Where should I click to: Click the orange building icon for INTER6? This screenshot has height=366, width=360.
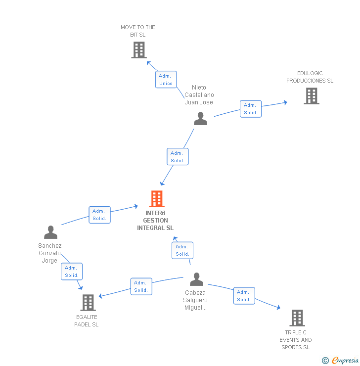coord(157,199)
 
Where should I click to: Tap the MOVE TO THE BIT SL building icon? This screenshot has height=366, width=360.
coord(139,50)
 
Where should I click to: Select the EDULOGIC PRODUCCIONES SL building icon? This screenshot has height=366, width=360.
coord(311,96)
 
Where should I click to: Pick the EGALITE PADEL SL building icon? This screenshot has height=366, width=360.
coord(88,303)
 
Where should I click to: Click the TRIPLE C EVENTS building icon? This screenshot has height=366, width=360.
coord(297,318)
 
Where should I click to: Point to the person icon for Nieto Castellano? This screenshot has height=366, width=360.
coord(200,119)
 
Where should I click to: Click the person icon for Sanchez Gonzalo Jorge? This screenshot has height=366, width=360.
coord(50,232)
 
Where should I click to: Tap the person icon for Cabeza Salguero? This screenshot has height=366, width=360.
coord(196,279)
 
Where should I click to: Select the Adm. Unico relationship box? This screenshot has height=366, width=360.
coord(166,80)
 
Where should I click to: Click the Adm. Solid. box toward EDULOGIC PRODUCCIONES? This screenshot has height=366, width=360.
coord(250,109)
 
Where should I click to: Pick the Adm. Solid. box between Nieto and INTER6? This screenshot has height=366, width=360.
coord(177,157)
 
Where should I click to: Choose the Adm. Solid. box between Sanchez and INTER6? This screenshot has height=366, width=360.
coord(99,215)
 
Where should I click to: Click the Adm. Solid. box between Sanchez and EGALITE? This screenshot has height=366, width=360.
coord(72,272)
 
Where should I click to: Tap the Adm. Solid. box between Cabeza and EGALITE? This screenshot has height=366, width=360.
coord(141,286)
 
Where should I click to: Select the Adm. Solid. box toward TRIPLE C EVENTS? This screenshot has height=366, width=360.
coord(244,296)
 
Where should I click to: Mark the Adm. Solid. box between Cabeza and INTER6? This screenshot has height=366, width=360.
coord(182,250)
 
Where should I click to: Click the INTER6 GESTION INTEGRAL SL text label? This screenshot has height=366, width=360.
coord(155,221)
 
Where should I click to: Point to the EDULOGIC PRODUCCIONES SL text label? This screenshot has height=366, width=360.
coord(310,77)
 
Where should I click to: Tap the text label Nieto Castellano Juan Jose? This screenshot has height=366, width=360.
coord(199,95)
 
